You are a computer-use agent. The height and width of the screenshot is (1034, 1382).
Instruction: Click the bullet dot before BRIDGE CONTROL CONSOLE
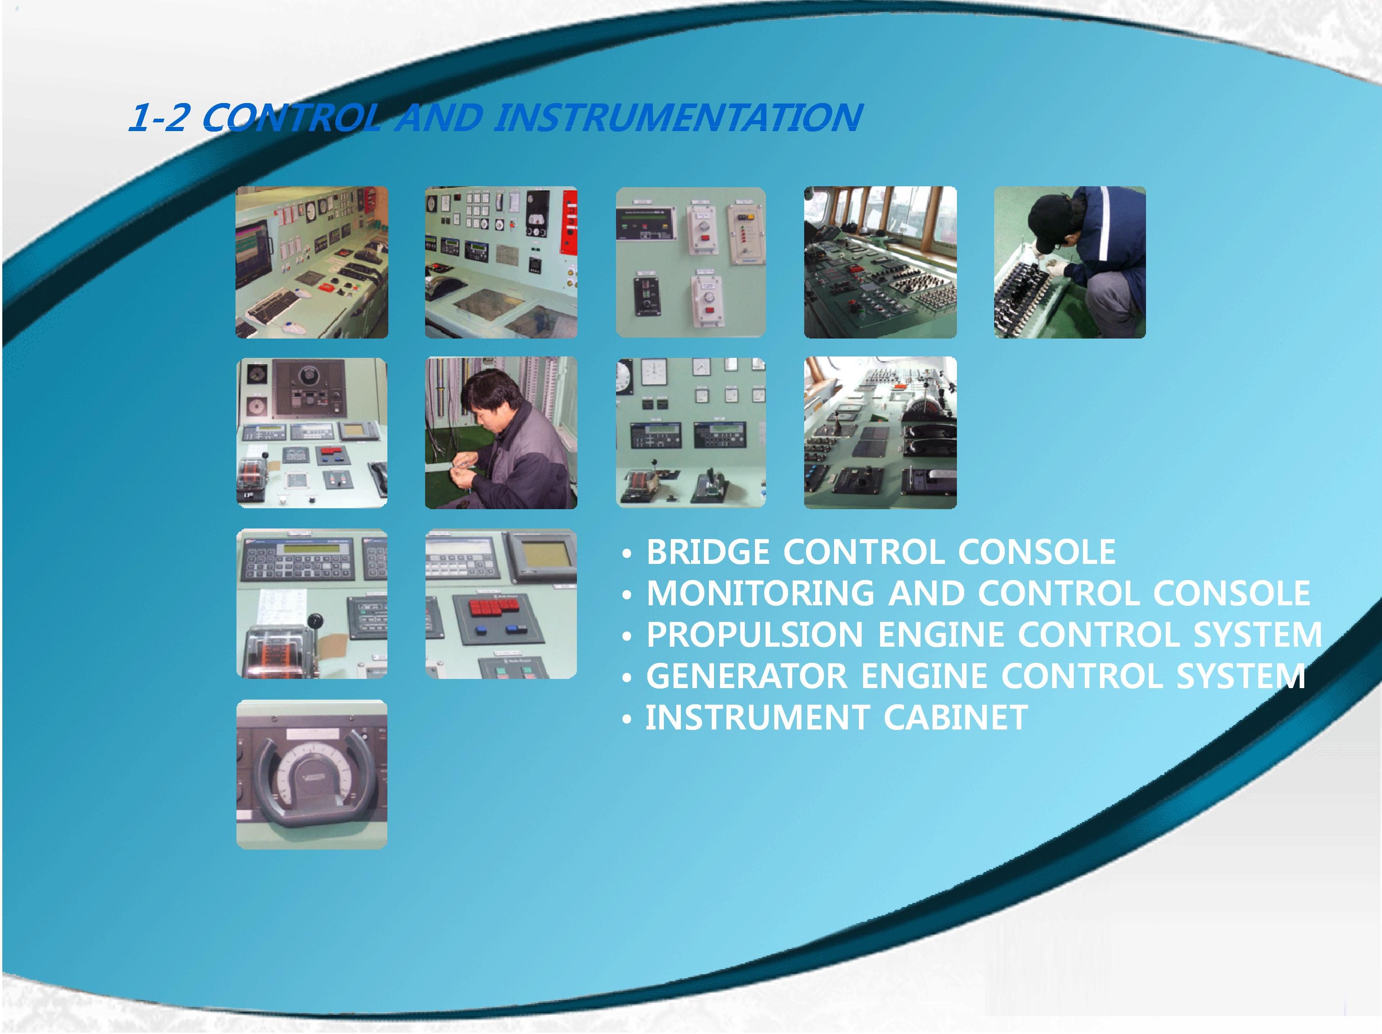627,553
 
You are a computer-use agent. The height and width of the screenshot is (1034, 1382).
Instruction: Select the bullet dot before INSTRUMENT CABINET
627,718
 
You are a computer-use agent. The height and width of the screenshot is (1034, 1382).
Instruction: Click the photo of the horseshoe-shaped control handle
312,774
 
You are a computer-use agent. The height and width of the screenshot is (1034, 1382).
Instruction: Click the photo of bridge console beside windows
880,262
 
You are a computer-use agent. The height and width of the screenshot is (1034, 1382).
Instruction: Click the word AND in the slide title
440,117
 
